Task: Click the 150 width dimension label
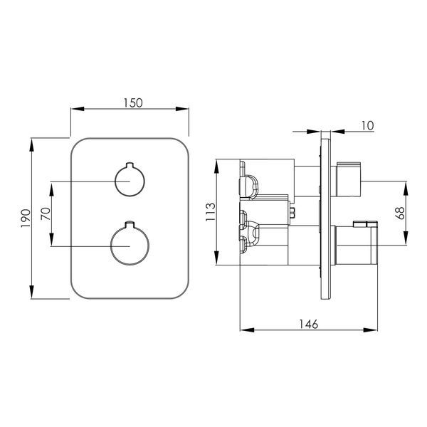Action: coord(133,103)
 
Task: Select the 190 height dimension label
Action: coord(26,218)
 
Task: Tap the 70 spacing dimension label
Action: coord(46,213)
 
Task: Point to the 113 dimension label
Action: coord(210,212)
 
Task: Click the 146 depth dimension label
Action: coord(309,324)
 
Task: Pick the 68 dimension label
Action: coord(401,213)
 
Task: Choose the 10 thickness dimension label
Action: coord(367,125)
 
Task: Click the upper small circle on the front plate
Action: coord(130,181)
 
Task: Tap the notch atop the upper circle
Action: coord(130,165)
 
